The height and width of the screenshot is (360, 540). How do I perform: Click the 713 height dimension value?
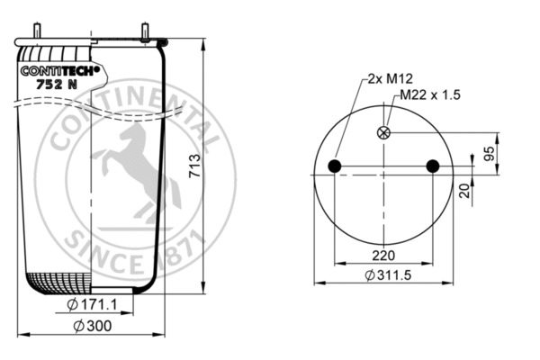pyautogui.click(x=195, y=166)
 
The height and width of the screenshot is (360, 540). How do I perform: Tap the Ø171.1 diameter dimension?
pyautogui.click(x=92, y=304)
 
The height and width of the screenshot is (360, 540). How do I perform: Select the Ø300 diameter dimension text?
pyautogui.click(x=93, y=326)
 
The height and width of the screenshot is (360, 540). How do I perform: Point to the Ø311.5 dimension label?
pyautogui.click(x=388, y=274)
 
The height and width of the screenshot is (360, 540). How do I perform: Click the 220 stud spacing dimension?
pyautogui.click(x=383, y=256)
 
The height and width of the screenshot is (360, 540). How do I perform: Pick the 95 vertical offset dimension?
pyautogui.click(x=489, y=153)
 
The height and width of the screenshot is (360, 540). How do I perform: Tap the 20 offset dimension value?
pyautogui.click(x=464, y=191)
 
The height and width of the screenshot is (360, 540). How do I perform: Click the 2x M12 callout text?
pyautogui.click(x=390, y=79)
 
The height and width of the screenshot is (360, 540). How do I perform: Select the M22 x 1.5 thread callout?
pyautogui.click(x=430, y=94)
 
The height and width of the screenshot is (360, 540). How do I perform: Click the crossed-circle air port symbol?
pyautogui.click(x=383, y=132)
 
